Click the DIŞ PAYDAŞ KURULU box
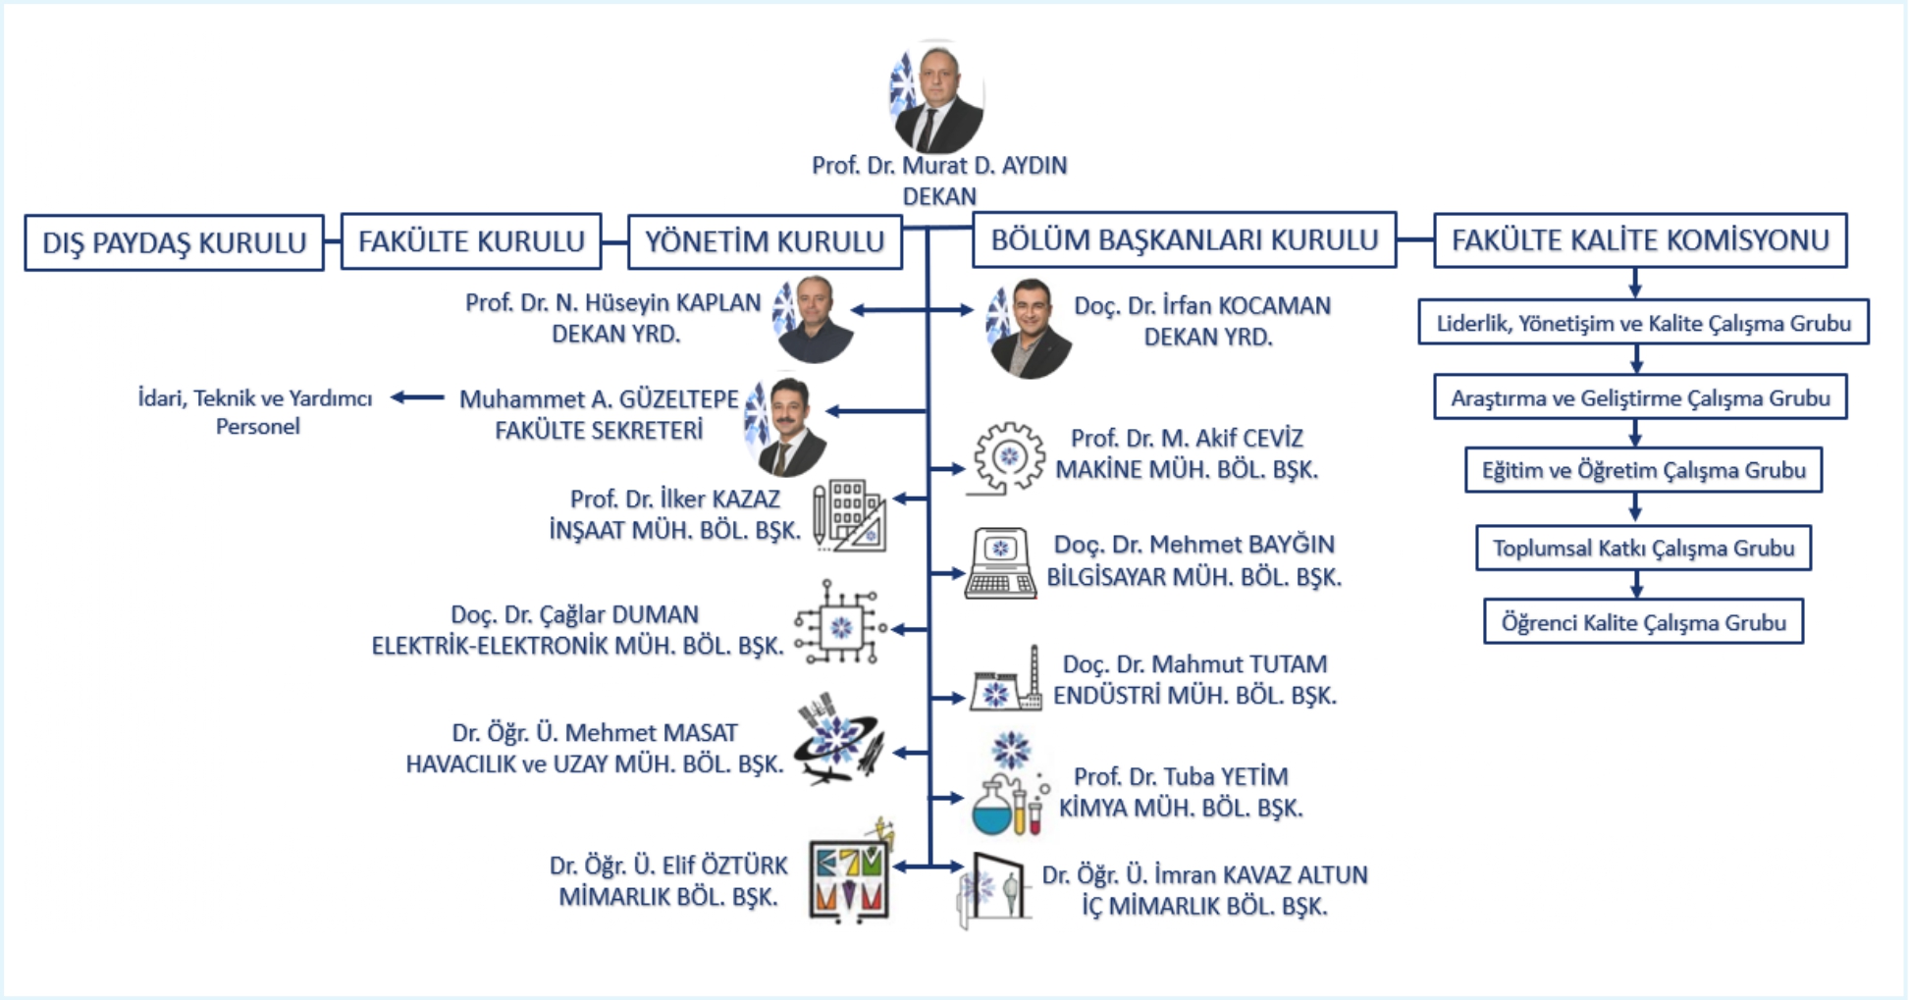click(x=174, y=242)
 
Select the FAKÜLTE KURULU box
click(x=471, y=241)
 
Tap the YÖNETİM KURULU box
click(x=765, y=241)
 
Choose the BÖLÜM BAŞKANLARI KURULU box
click(x=1184, y=239)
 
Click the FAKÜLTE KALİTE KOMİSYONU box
click(x=1640, y=240)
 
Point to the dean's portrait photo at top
click(x=936, y=97)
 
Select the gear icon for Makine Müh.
click(x=1007, y=457)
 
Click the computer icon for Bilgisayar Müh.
click(x=1000, y=564)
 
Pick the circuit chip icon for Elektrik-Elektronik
click(x=840, y=626)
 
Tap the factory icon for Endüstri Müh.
click(x=1006, y=681)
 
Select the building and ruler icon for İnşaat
click(x=850, y=514)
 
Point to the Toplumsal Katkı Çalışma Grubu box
click(x=1643, y=549)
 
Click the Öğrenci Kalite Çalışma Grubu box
click(x=1643, y=622)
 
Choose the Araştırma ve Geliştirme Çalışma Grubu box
click(x=1640, y=397)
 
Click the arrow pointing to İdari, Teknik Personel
click(x=417, y=397)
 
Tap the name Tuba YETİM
click(x=1180, y=776)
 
